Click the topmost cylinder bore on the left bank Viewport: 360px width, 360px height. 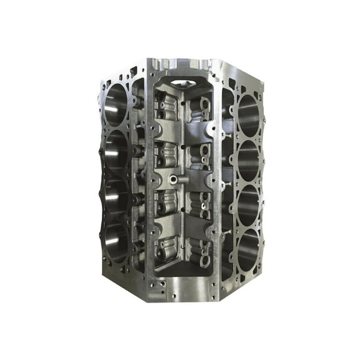point(116,103)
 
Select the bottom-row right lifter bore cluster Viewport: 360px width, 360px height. point(201,250)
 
